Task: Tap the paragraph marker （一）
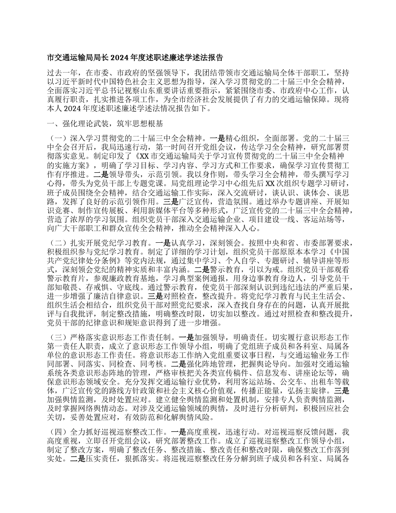point(58,137)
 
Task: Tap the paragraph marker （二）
point(58,242)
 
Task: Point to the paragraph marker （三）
point(58,337)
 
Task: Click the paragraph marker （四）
point(58,432)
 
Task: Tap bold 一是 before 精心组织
point(216,137)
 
